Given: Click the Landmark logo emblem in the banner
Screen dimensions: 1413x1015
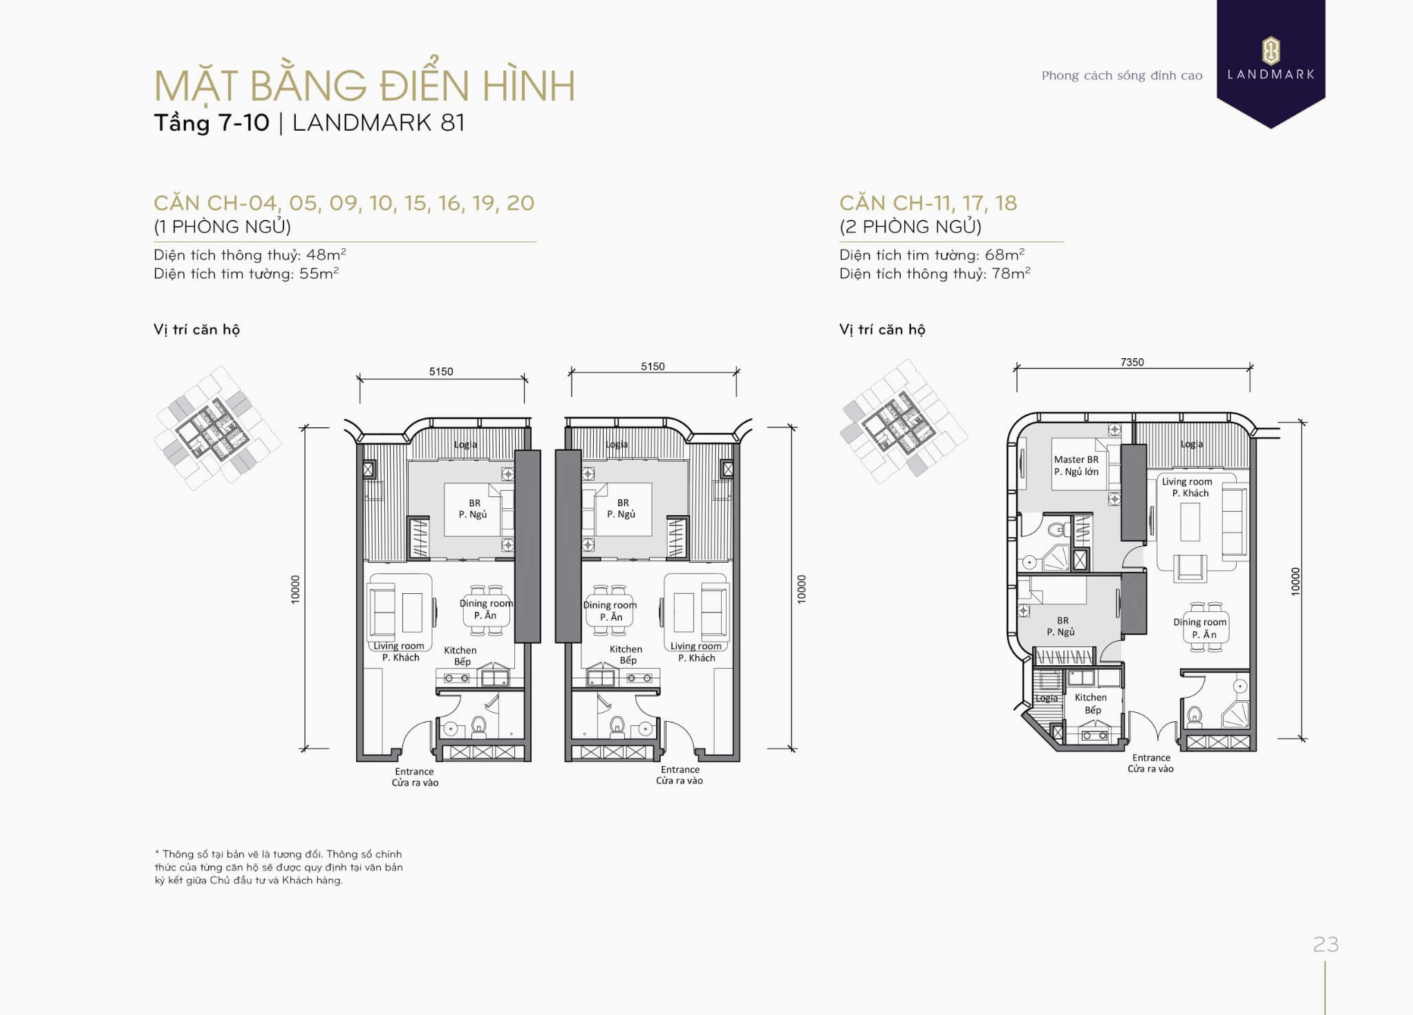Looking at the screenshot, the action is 1271,50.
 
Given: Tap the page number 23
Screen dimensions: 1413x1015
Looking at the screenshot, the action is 1326,944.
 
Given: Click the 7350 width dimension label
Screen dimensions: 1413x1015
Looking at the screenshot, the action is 1132,362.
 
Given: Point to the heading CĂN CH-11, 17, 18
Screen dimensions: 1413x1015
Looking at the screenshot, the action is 928,203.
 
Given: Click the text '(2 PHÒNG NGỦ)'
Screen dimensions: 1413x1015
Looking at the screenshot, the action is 910,227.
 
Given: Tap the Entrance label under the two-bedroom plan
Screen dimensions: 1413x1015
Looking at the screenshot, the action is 1151,758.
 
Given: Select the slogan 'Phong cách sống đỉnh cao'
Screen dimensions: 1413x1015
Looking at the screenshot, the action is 1122,75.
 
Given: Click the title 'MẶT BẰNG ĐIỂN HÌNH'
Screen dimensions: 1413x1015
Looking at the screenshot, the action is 364,85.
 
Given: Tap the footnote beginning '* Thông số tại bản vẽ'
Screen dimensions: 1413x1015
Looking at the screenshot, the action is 279,867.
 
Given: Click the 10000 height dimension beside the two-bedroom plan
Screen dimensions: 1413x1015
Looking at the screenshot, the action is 1295,581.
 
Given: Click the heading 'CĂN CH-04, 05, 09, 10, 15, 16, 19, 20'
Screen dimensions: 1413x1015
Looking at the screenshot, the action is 344,203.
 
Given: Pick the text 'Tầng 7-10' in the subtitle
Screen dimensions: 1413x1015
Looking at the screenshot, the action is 212,122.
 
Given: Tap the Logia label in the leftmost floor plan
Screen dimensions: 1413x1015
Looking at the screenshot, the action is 465,445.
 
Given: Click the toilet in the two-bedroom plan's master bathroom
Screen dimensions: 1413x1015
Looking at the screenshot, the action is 1057,530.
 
